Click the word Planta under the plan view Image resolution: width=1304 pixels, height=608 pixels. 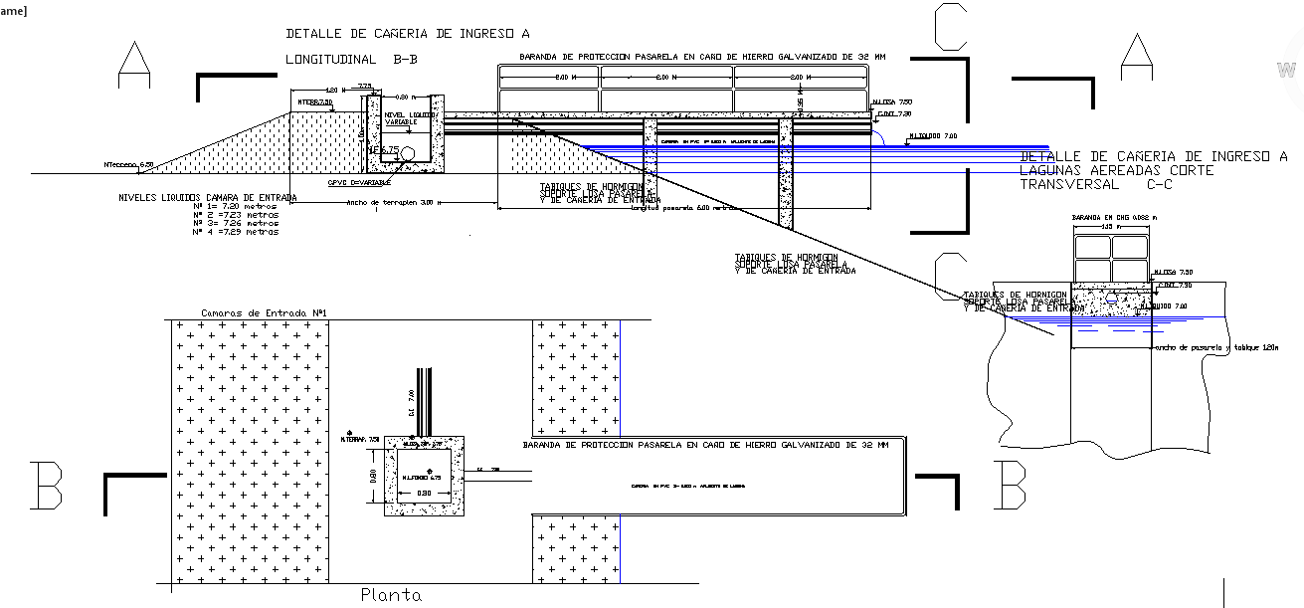390,595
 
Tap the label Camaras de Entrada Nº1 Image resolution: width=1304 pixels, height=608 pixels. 265,313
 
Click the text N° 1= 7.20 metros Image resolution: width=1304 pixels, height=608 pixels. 236,208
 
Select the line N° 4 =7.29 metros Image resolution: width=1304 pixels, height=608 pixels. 236,232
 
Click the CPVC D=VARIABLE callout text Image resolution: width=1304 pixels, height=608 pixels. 359,183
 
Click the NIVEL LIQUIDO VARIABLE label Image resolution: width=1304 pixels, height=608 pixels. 408,118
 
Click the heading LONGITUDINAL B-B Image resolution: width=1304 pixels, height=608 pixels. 351,60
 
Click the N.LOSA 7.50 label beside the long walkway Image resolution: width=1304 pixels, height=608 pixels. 891,101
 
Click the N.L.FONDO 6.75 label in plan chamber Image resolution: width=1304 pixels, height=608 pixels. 422,478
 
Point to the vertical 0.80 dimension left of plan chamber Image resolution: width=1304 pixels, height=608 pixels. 374,477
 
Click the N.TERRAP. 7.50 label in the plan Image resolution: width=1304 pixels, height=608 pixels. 359,439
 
